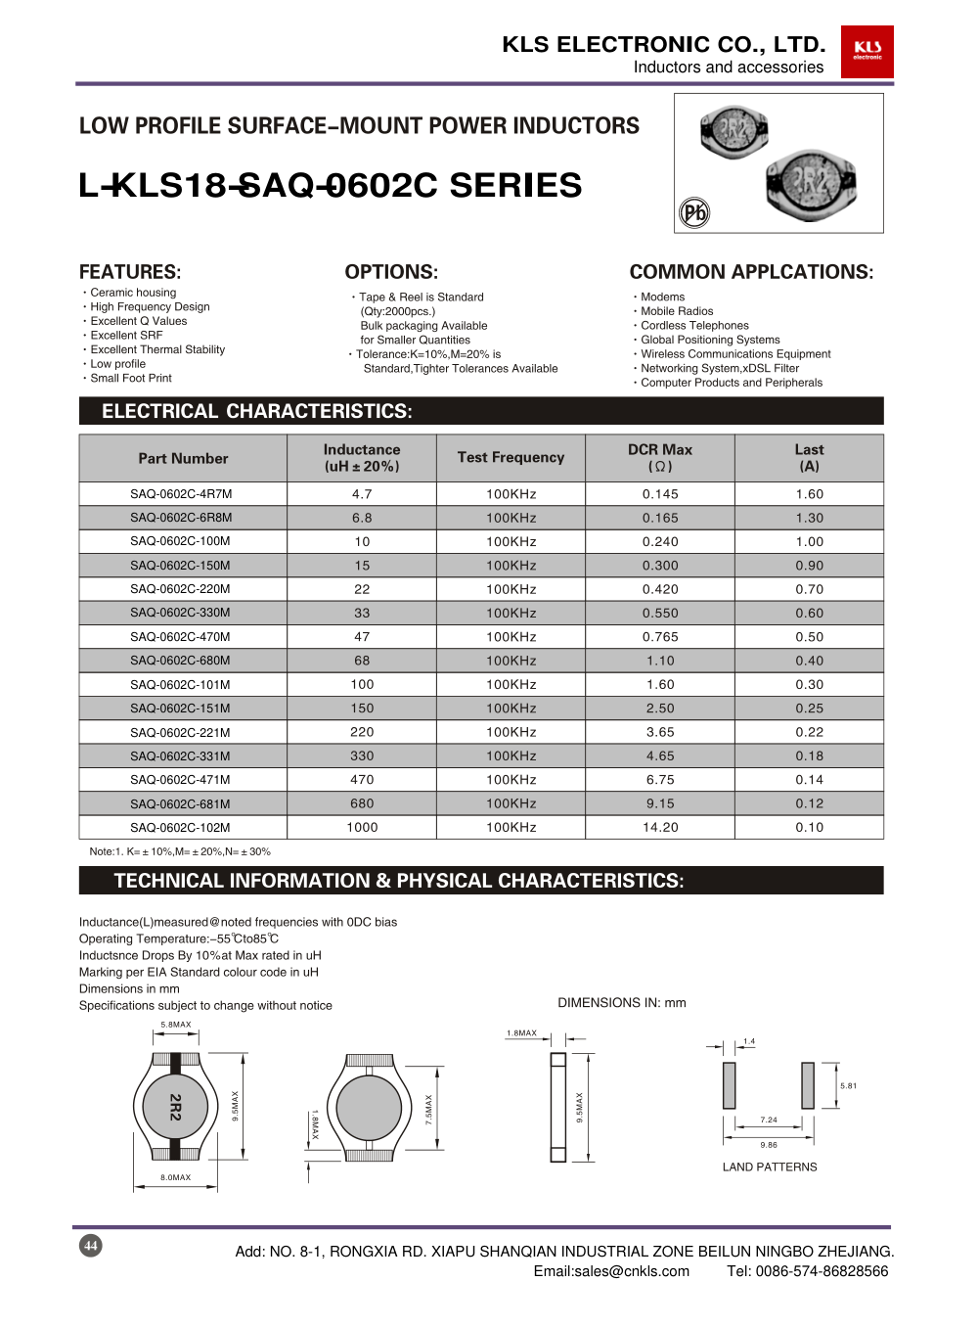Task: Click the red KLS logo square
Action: point(867,52)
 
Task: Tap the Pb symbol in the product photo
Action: point(694,212)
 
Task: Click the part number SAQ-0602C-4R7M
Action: point(181,494)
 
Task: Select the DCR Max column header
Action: point(660,457)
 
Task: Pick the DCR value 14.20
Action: point(660,828)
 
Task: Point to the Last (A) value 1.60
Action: point(809,494)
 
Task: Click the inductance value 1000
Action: point(362,828)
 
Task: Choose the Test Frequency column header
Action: point(511,457)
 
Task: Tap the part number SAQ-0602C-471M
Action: point(181,780)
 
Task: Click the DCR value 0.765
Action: point(660,637)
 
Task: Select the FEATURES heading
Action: point(130,272)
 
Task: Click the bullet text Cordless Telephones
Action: point(694,326)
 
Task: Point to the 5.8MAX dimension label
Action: point(176,1025)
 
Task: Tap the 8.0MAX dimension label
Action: point(176,1177)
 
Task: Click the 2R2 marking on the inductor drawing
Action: point(175,1107)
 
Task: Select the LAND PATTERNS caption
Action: point(770,1167)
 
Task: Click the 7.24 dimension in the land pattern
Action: point(769,1120)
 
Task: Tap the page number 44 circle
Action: point(91,1246)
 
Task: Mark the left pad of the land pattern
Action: point(729,1085)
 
